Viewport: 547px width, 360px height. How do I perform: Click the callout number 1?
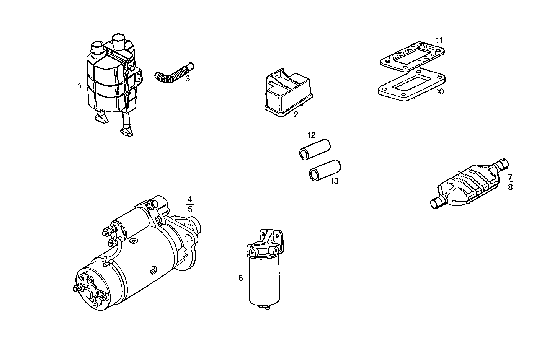point(80,86)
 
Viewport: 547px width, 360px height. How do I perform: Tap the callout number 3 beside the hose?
point(188,79)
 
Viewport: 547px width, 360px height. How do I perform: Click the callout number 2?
point(296,114)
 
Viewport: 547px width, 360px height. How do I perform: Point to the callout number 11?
point(439,40)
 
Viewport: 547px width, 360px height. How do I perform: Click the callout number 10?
point(440,92)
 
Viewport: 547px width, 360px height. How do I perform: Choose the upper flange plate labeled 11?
point(411,57)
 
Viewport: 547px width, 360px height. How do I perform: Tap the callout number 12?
point(311,135)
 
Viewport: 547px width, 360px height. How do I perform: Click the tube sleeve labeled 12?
point(314,150)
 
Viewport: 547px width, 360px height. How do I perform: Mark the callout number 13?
point(335,181)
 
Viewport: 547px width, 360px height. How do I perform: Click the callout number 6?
point(241,278)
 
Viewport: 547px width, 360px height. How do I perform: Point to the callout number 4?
point(190,199)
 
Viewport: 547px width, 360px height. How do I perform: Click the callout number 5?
point(190,209)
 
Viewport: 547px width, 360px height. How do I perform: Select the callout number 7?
point(510,177)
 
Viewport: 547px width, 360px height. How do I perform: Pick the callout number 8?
point(510,187)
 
